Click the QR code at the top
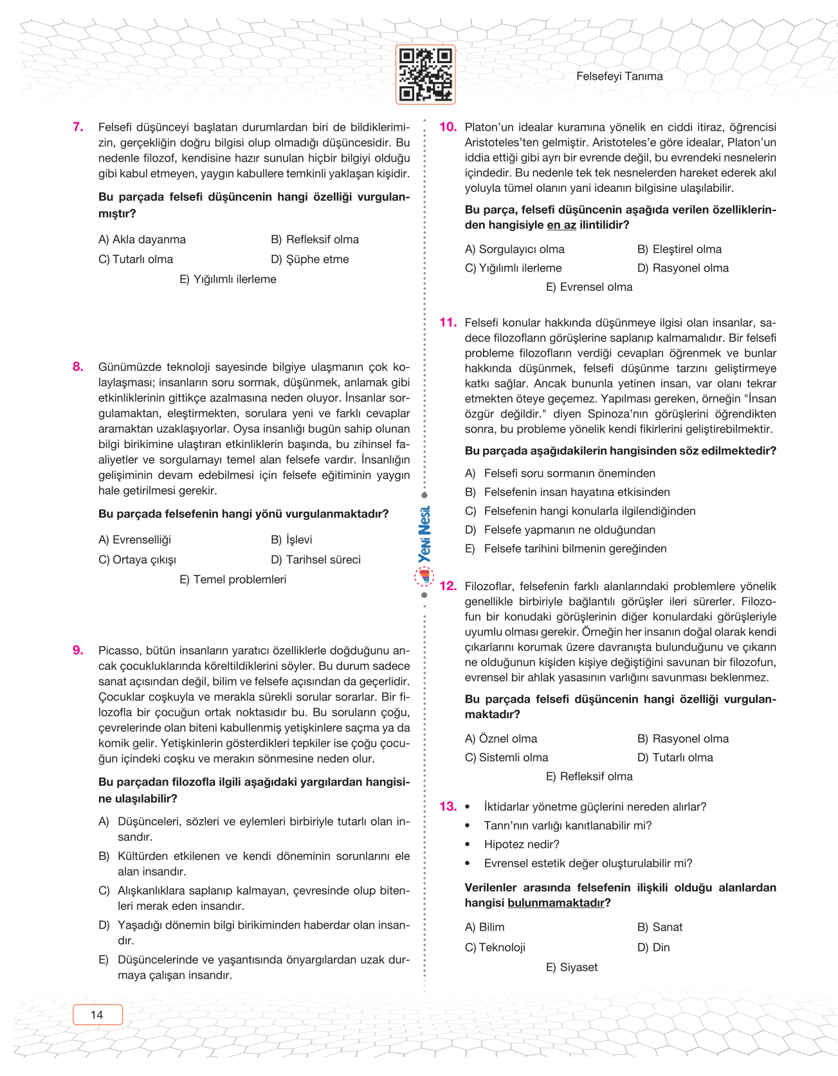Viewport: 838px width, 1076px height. (x=425, y=75)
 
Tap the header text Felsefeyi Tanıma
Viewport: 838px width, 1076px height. (x=619, y=77)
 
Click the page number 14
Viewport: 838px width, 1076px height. (x=97, y=1015)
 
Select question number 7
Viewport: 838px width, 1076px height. (x=78, y=127)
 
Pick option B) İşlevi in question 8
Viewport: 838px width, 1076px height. (x=291, y=540)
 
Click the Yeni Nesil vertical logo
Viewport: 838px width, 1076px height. (x=424, y=535)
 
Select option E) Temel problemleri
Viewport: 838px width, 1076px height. (x=233, y=580)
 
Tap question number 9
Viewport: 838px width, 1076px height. (x=78, y=650)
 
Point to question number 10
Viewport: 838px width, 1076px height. (x=448, y=127)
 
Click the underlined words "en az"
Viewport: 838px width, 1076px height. (x=561, y=225)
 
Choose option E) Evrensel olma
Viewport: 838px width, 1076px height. (x=589, y=287)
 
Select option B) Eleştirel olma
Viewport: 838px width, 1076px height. (x=679, y=250)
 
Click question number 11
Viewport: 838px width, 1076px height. (x=448, y=322)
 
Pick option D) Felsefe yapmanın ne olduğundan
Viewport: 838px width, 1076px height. (x=560, y=530)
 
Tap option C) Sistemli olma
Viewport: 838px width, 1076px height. (x=507, y=757)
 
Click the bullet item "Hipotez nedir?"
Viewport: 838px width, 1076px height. (x=521, y=844)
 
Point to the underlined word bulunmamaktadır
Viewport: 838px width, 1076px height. (x=556, y=903)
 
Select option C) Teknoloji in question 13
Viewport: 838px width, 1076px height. (x=495, y=947)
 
